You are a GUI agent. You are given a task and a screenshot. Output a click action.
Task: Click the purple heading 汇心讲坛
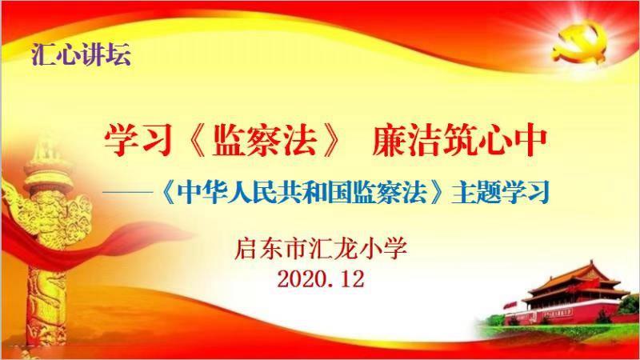click(x=82, y=54)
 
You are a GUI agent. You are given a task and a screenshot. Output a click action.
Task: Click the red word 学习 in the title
click(x=137, y=141)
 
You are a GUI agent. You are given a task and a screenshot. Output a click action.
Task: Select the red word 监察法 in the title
click(x=265, y=141)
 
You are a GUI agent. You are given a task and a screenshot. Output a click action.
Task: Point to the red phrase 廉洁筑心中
click(x=459, y=141)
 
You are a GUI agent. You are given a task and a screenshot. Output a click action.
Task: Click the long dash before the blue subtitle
click(x=128, y=191)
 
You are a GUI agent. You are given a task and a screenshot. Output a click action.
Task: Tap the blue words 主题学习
click(x=500, y=191)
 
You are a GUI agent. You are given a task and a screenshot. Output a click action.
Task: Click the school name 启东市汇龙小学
click(x=321, y=248)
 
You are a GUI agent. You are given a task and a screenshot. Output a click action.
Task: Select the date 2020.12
click(x=321, y=279)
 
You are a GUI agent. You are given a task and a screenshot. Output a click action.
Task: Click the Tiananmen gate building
click(x=574, y=294)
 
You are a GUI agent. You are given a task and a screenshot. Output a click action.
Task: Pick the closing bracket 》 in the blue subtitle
click(x=438, y=192)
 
